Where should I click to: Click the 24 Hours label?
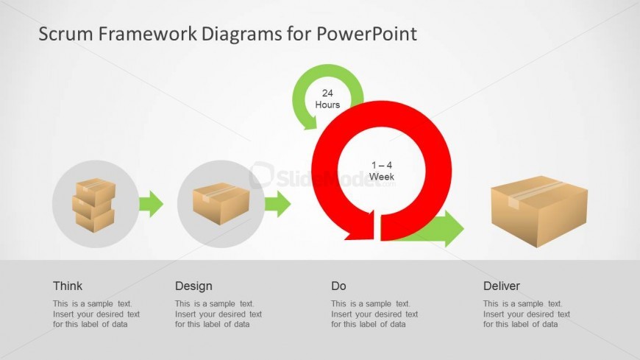click(x=327, y=99)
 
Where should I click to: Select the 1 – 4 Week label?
click(x=381, y=171)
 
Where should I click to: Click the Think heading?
click(x=68, y=286)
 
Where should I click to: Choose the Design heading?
click(x=193, y=286)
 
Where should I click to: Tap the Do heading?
click(x=338, y=286)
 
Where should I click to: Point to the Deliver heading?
click(x=502, y=286)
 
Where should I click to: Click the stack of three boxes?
click(x=94, y=204)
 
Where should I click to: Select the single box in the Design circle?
click(x=221, y=202)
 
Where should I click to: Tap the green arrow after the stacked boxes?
click(x=151, y=204)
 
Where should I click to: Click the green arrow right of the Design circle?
click(x=277, y=204)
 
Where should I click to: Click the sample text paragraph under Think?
click(x=96, y=314)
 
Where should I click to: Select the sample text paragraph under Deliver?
click(x=526, y=314)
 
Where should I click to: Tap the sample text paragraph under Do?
click(x=374, y=314)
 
